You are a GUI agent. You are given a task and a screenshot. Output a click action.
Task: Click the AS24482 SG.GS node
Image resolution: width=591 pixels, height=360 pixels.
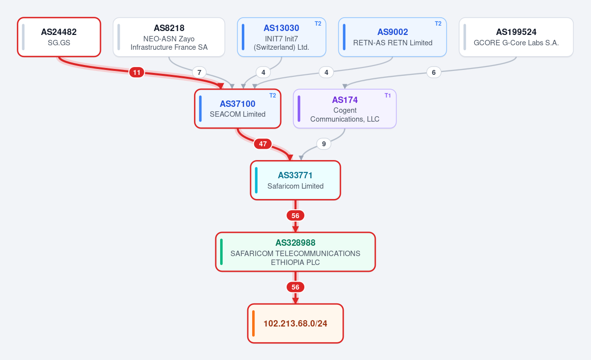click(x=59, y=37)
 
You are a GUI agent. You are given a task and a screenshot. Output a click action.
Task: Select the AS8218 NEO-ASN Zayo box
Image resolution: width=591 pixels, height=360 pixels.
click(x=169, y=37)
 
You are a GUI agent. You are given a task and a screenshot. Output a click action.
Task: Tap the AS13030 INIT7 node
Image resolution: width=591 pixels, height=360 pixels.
click(x=282, y=37)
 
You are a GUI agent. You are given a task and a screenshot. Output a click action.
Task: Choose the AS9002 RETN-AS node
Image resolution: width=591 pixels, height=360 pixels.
click(x=393, y=37)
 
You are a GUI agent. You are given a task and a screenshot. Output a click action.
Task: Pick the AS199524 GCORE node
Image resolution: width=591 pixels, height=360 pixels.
click(x=516, y=37)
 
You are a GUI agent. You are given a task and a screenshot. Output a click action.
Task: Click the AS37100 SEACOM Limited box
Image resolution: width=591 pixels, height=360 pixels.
click(x=237, y=109)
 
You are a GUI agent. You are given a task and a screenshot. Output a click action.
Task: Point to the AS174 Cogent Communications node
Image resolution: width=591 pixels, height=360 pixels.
click(x=345, y=109)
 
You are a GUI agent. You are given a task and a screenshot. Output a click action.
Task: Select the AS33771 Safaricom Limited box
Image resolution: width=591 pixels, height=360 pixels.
click(x=295, y=180)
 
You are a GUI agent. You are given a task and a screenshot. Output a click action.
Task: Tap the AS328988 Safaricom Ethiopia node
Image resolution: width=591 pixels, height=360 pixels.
click(x=295, y=252)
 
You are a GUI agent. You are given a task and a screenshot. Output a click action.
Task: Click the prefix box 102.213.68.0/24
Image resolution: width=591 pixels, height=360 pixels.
click(x=295, y=324)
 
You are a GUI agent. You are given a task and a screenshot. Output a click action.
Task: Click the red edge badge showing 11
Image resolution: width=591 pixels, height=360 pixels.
click(x=137, y=72)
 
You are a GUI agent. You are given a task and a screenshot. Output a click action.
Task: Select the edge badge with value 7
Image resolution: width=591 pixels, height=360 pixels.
click(x=199, y=72)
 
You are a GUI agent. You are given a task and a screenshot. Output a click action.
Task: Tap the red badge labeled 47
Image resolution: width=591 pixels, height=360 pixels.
click(x=263, y=144)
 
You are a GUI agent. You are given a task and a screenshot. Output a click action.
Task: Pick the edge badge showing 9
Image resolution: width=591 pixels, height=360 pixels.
click(x=324, y=144)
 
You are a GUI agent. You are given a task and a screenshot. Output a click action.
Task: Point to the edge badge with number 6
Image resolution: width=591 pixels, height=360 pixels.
click(x=433, y=72)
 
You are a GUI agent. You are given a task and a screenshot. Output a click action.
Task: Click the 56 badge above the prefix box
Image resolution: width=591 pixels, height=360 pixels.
click(x=295, y=287)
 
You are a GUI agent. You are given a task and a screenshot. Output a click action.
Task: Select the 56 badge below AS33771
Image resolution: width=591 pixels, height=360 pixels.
click(x=295, y=216)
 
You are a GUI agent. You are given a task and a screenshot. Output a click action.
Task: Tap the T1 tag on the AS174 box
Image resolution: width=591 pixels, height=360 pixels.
click(x=388, y=96)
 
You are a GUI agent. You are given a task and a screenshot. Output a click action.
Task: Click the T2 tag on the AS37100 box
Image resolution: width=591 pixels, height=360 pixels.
click(x=272, y=96)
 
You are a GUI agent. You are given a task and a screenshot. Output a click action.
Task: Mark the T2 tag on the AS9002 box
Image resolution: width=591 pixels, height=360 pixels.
click(x=438, y=24)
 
